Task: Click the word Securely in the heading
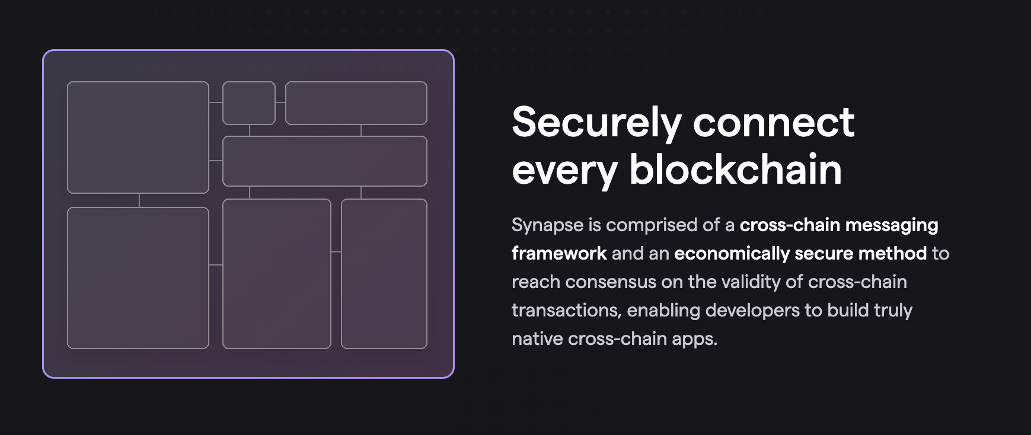[596, 123]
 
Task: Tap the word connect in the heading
[773, 123]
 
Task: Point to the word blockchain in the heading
[735, 169]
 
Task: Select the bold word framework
[559, 254]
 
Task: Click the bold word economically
[732, 254]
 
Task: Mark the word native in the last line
[537, 339]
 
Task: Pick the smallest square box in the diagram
[249, 103]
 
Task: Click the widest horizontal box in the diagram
[325, 161]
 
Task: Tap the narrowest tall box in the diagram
[384, 274]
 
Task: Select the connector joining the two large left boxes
[139, 200]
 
